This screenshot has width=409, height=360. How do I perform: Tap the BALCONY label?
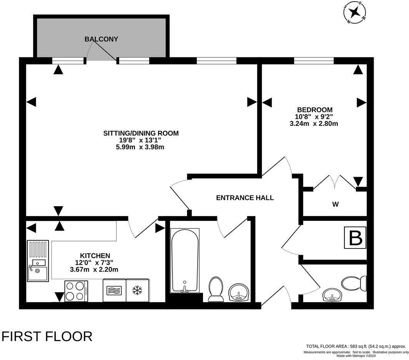(101, 39)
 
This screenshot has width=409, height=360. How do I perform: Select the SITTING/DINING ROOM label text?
(141, 133)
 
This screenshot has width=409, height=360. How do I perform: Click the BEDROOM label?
(313, 110)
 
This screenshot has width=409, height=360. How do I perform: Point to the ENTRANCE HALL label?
(245, 198)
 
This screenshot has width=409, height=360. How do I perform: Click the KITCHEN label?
(95, 256)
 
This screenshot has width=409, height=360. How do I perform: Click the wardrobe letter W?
(335, 204)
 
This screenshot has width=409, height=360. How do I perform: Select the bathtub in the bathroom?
(185, 260)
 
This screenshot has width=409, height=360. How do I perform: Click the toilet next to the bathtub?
(216, 289)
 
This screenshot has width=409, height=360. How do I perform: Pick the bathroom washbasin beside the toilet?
(239, 293)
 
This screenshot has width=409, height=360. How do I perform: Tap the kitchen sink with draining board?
(38, 261)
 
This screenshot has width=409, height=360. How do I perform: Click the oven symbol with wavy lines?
(114, 290)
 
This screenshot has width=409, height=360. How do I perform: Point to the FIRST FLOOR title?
(47, 336)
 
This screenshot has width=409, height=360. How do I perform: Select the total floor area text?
(356, 346)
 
